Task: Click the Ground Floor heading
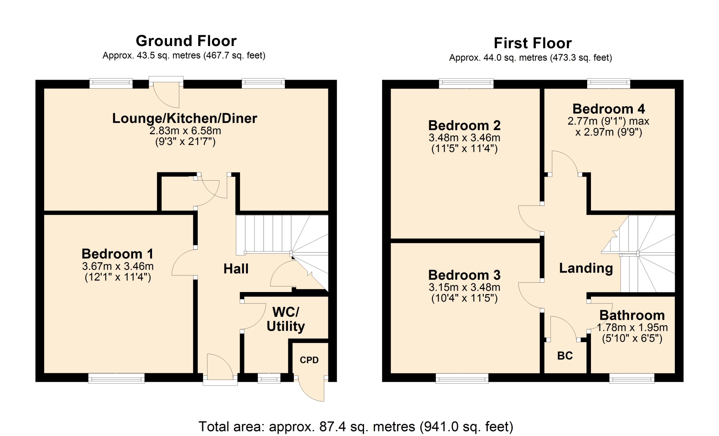[x=186, y=41]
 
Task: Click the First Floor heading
[x=533, y=43]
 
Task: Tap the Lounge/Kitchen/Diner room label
[x=185, y=118]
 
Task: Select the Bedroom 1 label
[x=118, y=254]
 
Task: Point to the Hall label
[x=236, y=268]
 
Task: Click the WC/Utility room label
[x=286, y=319]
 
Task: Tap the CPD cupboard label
[x=309, y=360]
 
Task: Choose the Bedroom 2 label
[x=464, y=125]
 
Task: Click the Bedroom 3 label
[x=464, y=275]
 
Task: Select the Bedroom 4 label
[x=609, y=109]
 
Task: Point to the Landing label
[x=586, y=268]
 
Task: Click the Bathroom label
[x=632, y=315]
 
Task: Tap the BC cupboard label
[x=565, y=356]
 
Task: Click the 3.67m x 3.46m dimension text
[x=118, y=266]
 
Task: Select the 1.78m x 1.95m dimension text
[x=632, y=328]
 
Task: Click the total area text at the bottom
[x=356, y=427]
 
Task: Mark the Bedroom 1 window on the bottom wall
[x=116, y=378]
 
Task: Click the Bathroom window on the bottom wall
[x=632, y=378]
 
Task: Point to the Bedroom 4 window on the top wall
[x=609, y=83]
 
